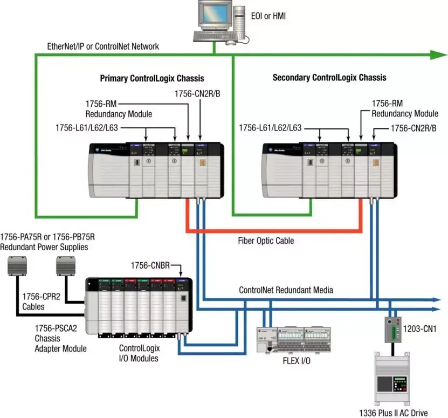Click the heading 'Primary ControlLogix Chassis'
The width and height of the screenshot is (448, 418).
(x=152, y=78)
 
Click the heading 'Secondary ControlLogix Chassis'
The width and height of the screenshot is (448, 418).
(x=329, y=78)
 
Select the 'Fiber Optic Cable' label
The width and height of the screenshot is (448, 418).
(x=266, y=241)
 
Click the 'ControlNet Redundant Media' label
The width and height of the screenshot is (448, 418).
(x=286, y=290)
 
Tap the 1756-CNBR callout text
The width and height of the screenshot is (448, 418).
(x=152, y=265)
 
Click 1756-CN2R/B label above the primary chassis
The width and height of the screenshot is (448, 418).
(x=197, y=94)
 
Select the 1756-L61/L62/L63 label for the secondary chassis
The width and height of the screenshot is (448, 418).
(x=270, y=128)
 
